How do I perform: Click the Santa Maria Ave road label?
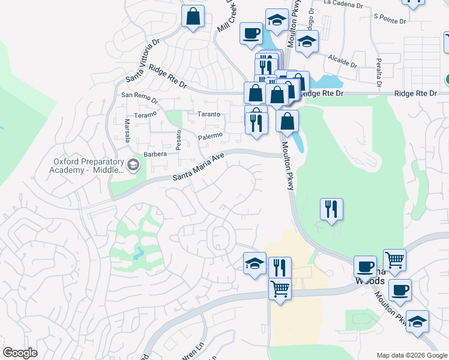198,168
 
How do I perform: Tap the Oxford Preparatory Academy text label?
87,166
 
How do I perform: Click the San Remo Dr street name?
139,98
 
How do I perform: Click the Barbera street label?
155,154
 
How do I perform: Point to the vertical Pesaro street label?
178,140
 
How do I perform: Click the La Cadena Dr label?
343,4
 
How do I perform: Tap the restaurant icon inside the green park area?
331,209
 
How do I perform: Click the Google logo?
20,353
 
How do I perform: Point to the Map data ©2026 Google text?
411,355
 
